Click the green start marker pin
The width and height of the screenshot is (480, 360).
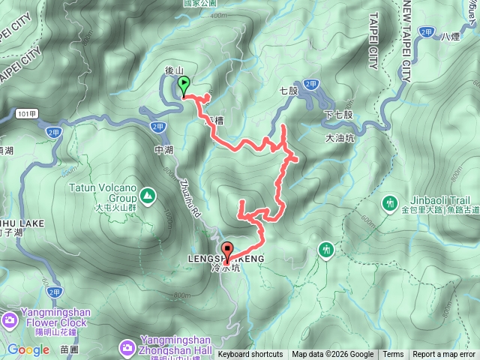(x=184, y=88)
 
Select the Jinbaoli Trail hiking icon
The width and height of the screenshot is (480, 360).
(x=389, y=202)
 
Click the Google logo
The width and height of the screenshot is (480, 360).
(x=28, y=349)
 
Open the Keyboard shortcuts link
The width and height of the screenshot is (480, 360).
(x=250, y=355)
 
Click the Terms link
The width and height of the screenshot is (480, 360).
(x=393, y=355)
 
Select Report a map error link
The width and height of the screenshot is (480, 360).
(x=445, y=355)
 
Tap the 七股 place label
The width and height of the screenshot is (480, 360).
(x=289, y=91)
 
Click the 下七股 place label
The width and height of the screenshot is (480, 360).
(x=338, y=115)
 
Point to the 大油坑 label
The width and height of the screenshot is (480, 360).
(x=340, y=138)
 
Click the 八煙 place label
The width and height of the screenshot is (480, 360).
(x=450, y=35)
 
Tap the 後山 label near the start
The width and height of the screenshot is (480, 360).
(x=174, y=71)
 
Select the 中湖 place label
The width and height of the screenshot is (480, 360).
(x=163, y=150)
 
